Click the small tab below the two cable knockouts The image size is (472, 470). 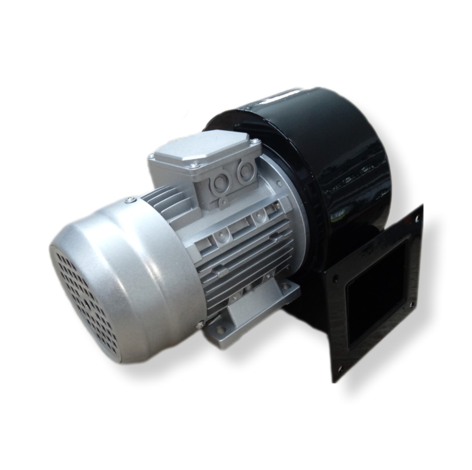pyautogui.click(x=222, y=200)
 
